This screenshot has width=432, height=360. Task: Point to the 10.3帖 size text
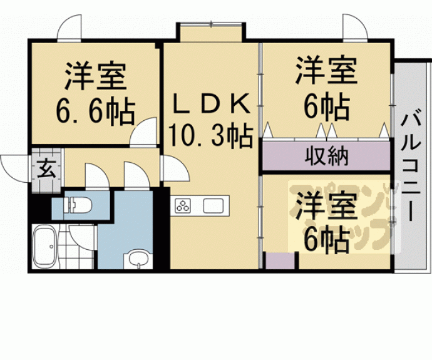click(x=211, y=133)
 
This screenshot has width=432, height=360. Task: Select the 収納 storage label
click(x=327, y=155)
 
